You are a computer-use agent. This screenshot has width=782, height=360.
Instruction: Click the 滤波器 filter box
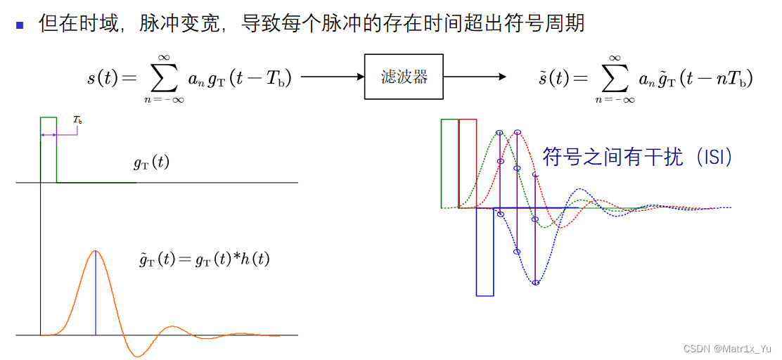coord(404,77)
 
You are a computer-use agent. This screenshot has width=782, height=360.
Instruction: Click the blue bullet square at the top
coord(20,25)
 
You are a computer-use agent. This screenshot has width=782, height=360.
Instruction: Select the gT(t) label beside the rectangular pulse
coord(151,163)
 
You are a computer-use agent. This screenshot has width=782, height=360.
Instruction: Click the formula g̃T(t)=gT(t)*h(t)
coord(205,259)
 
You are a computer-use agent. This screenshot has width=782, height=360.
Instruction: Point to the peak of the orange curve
coord(95,251)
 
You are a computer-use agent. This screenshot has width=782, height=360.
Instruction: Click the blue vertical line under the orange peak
coord(95,295)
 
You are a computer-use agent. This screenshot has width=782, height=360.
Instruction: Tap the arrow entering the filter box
coord(331,77)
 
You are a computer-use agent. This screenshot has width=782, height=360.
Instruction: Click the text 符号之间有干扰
coord(612,157)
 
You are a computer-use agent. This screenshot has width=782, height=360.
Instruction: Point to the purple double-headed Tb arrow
coord(49,134)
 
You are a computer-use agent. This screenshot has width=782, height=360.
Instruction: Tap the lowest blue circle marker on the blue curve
coord(536,283)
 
